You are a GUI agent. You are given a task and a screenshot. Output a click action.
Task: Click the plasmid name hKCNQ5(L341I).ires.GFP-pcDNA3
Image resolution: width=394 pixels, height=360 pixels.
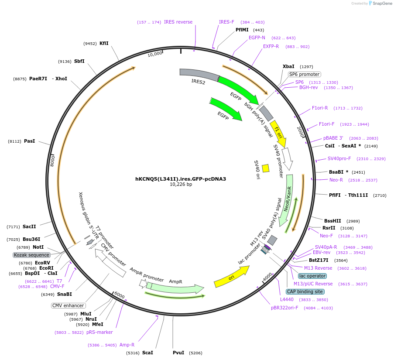181,179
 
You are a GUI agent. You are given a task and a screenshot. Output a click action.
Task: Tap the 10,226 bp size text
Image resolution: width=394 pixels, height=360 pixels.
181,185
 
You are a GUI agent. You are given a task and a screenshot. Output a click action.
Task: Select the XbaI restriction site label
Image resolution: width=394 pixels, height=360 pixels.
288,66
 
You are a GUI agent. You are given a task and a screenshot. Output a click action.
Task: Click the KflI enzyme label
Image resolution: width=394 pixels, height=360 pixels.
104,43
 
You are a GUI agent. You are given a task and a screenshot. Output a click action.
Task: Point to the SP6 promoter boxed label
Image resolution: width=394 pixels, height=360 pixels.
304,74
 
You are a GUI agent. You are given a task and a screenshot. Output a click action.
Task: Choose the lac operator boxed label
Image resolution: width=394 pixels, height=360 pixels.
312,276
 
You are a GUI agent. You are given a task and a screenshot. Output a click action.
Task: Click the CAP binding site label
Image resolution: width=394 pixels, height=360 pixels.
305,291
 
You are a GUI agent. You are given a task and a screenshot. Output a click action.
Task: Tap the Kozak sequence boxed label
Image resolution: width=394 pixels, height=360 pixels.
31,255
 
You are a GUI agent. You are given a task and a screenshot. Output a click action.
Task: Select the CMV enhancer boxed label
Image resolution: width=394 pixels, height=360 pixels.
68,305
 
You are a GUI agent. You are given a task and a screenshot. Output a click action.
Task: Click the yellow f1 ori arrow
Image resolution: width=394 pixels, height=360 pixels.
278,134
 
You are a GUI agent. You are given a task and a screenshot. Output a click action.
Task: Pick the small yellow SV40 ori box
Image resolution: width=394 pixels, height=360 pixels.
265,168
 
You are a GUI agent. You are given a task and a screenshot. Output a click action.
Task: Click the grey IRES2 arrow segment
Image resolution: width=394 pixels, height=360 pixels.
199,75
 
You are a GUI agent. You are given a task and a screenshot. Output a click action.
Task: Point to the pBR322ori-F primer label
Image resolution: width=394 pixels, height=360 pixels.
284,308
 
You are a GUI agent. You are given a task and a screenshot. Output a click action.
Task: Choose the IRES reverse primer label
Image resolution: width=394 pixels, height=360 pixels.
178,22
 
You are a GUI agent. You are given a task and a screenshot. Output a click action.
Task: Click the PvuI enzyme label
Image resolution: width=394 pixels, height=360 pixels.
178,353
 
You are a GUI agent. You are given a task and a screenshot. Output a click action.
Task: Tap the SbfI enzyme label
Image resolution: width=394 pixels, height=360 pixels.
79,62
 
